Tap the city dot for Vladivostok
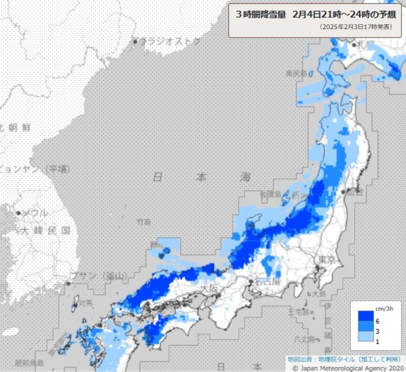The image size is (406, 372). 136,41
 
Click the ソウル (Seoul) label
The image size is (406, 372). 34,213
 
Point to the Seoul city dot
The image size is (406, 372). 18,213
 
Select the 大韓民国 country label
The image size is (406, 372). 44,230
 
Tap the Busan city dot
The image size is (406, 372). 69,283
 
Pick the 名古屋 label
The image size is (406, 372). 268,281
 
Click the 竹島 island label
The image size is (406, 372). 144,222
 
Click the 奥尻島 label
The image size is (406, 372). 296,73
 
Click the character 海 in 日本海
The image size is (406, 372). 246,178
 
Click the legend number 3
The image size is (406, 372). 377,330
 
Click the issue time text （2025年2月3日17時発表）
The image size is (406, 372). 355,27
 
